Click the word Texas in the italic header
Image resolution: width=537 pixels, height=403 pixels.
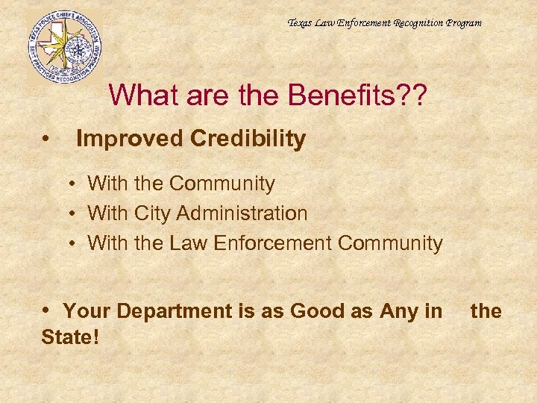click(301, 23)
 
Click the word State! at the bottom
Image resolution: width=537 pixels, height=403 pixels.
click(70, 337)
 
